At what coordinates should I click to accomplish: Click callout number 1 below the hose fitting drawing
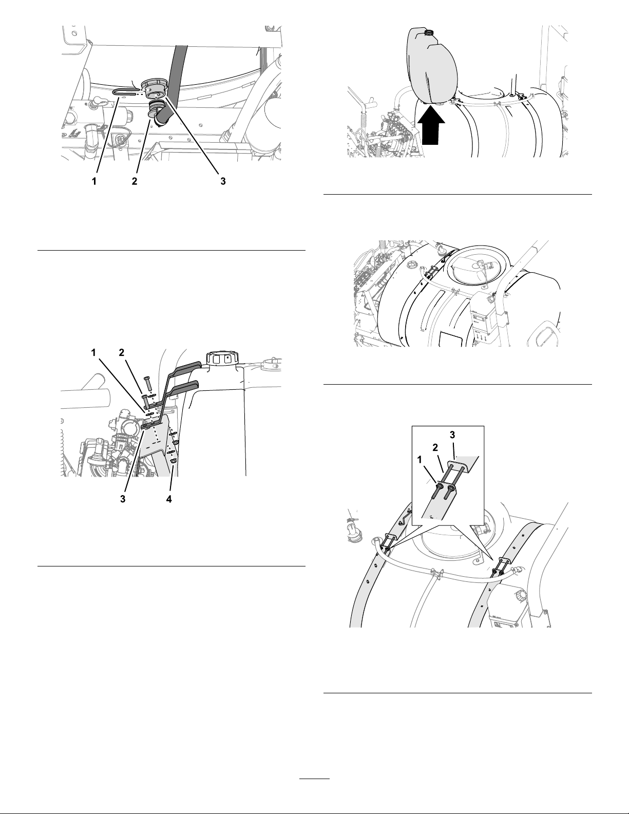click(94, 181)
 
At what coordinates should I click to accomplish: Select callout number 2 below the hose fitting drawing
click(134, 181)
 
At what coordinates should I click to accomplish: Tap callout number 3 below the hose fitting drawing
click(223, 181)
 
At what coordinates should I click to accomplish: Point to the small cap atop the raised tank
click(428, 33)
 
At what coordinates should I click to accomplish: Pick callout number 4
click(169, 499)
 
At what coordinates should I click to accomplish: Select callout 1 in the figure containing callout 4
click(93, 352)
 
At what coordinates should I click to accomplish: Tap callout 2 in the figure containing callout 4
click(121, 352)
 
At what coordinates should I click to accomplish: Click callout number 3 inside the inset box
click(452, 435)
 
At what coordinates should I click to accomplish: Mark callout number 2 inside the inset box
click(435, 448)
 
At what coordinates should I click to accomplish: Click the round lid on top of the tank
click(478, 267)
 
